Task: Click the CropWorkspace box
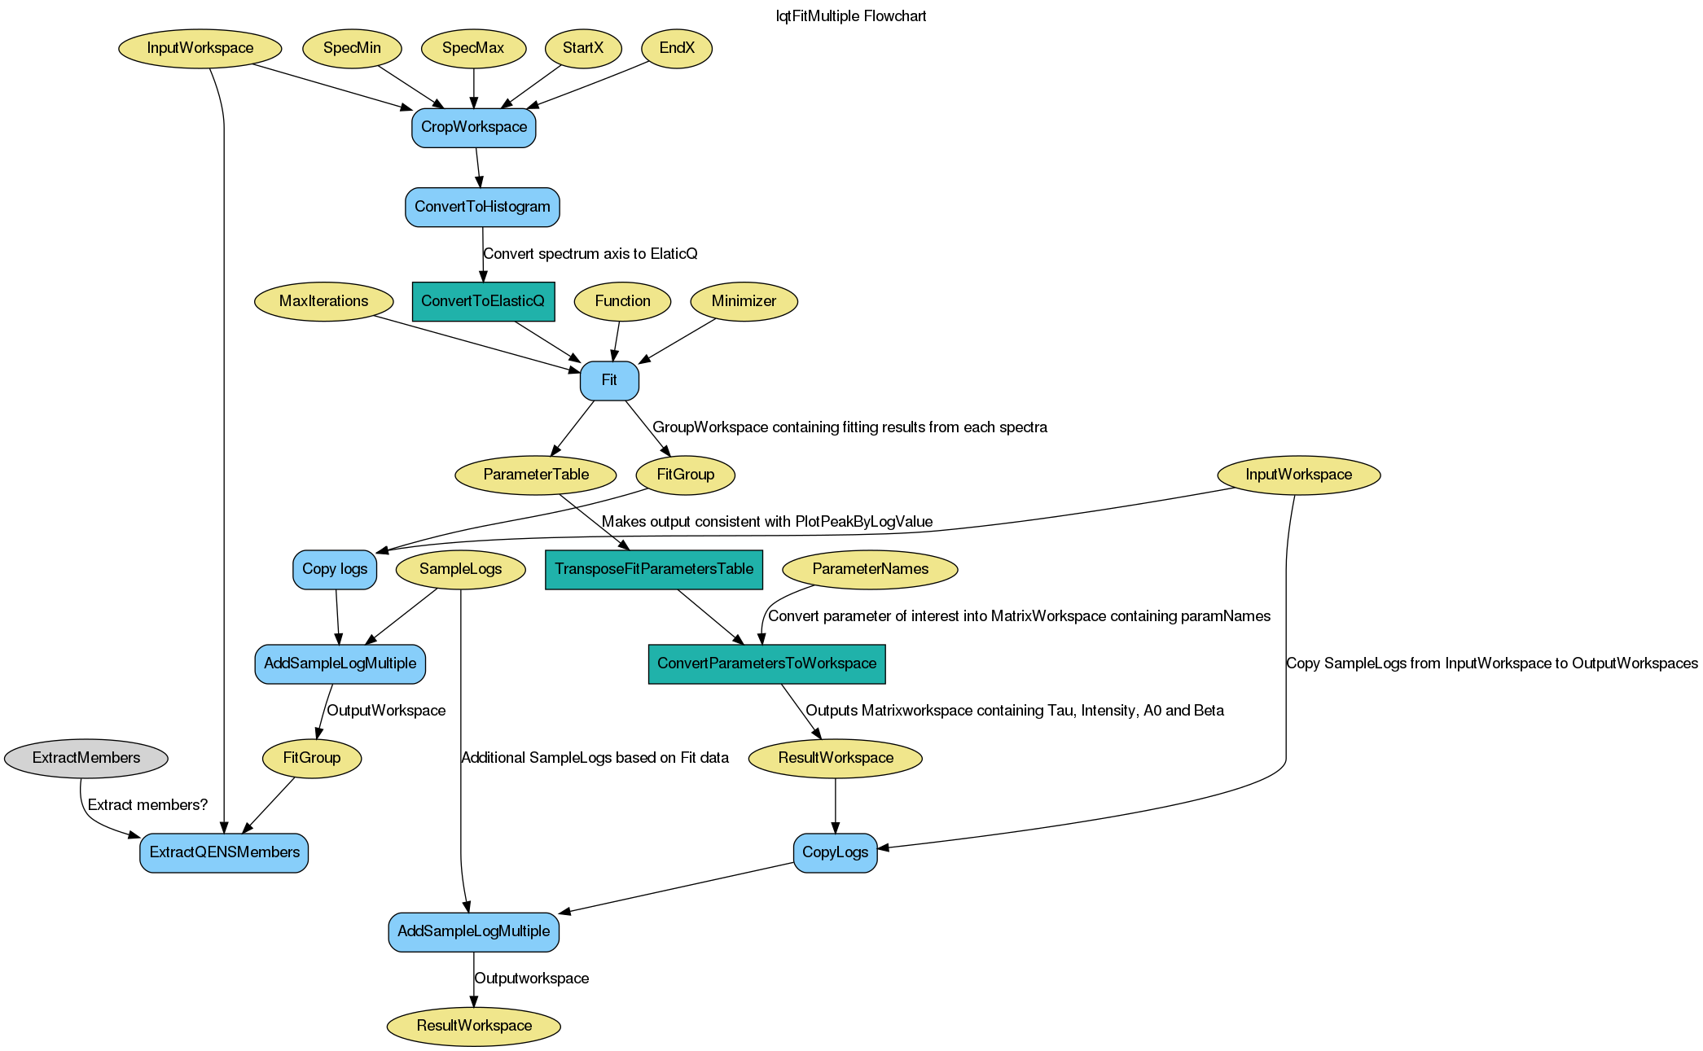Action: click(473, 127)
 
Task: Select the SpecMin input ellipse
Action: click(352, 48)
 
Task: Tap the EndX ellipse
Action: click(676, 48)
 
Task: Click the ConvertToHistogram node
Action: click(482, 207)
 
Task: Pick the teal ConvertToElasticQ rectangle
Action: click(483, 301)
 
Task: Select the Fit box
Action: click(608, 380)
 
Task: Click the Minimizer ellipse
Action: click(744, 301)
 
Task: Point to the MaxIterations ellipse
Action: click(323, 301)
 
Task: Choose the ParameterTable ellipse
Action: click(535, 475)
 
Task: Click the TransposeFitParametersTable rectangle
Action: click(654, 569)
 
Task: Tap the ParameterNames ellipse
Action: click(870, 569)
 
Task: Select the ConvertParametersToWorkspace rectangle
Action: click(766, 663)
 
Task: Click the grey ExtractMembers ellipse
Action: click(86, 758)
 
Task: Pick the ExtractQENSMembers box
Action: click(224, 852)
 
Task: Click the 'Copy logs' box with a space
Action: click(335, 569)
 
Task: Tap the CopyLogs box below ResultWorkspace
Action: click(835, 852)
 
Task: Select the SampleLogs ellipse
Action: click(460, 569)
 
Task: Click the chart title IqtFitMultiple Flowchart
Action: click(851, 16)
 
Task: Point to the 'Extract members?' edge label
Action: click(147, 805)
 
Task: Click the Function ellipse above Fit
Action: click(622, 301)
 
